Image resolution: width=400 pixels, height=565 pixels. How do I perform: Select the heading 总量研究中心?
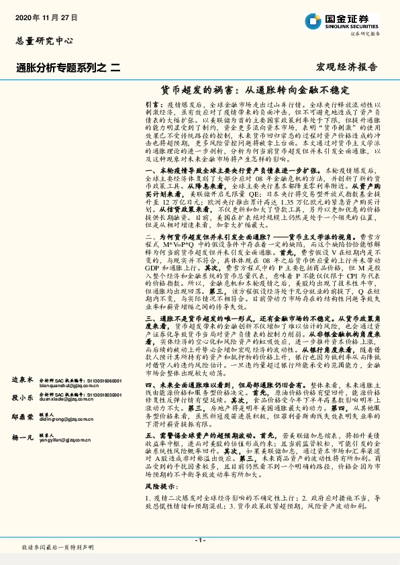44,41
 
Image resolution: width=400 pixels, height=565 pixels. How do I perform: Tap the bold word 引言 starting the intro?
152,105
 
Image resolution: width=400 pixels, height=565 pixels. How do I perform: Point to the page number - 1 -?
199,540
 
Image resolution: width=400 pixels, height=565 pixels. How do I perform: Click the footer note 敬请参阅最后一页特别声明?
58,548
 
